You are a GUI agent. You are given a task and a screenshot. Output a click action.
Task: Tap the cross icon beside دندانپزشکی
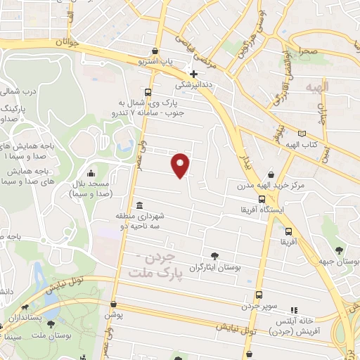[x=193, y=74]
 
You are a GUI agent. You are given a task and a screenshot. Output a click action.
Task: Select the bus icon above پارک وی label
[x=148, y=92]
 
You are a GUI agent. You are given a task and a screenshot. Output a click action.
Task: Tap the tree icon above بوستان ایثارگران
[x=215, y=256]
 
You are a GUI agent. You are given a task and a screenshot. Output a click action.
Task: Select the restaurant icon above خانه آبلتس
[x=294, y=309]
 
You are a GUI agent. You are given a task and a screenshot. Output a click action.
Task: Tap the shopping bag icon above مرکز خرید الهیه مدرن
[x=271, y=175]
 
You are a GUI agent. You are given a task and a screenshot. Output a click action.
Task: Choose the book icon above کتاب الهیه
[x=302, y=134]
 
